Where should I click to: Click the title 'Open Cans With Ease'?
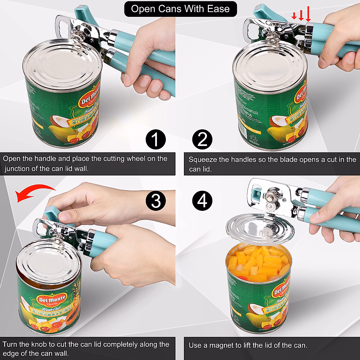(180, 9)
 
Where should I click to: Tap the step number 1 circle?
(155, 139)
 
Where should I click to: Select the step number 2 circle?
(202, 139)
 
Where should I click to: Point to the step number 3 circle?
(155, 201)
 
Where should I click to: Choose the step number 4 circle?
(202, 201)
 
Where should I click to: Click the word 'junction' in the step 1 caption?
(17, 169)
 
